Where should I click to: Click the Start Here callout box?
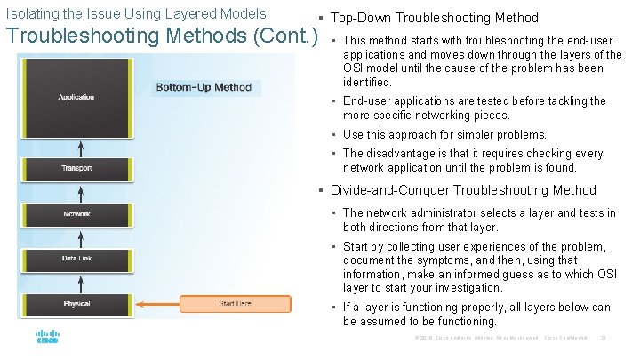point(235,304)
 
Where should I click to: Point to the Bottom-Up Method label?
point(204,88)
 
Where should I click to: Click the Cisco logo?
point(47,338)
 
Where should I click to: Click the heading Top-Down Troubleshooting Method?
point(434,18)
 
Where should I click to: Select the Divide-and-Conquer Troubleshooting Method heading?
point(463,190)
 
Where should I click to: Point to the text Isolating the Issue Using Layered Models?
point(136,14)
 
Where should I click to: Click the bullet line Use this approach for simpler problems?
point(444,135)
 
